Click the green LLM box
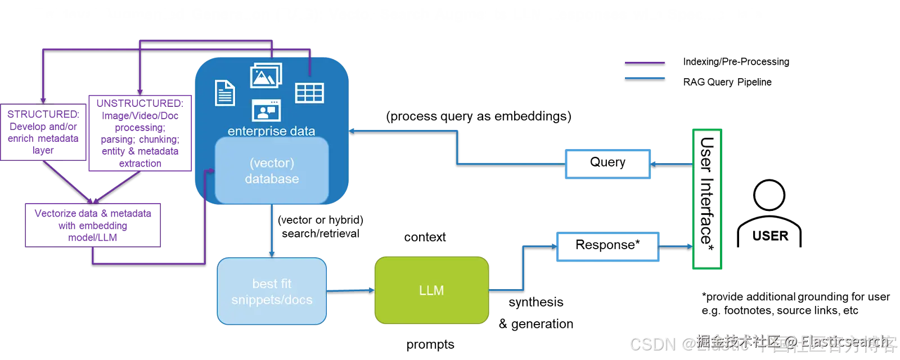pyautogui.click(x=431, y=290)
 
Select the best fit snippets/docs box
pyautogui.click(x=272, y=291)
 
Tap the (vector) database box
pyautogui.click(x=272, y=170)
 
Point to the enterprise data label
pyautogui.click(x=271, y=131)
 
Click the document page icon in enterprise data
pyautogui.click(x=225, y=93)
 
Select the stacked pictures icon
pyautogui.click(x=265, y=75)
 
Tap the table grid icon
pyautogui.click(x=309, y=93)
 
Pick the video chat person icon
pyautogui.click(x=266, y=110)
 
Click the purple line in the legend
pyautogui.click(x=645, y=61)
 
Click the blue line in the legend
pyautogui.click(x=645, y=78)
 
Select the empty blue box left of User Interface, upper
pyautogui.click(x=607, y=164)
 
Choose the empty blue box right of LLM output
pyautogui.click(x=607, y=246)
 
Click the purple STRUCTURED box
pyautogui.click(x=43, y=133)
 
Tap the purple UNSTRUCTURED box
pyautogui.click(x=139, y=133)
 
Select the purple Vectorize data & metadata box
pyautogui.click(x=93, y=225)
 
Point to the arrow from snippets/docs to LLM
pyautogui.click(x=350, y=290)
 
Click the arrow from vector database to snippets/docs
pyautogui.click(x=272, y=231)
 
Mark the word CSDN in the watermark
pyautogui.click(x=651, y=344)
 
